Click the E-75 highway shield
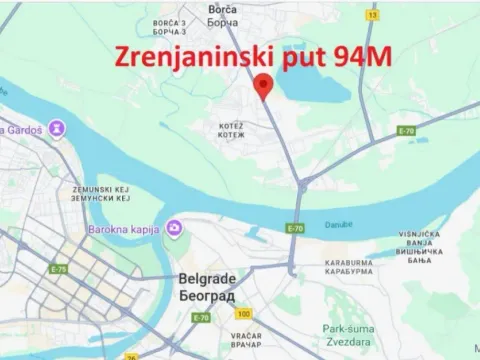(61, 269)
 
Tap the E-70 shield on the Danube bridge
(295, 228)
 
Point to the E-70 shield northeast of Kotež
(406, 131)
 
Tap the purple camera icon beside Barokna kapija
(175, 228)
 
